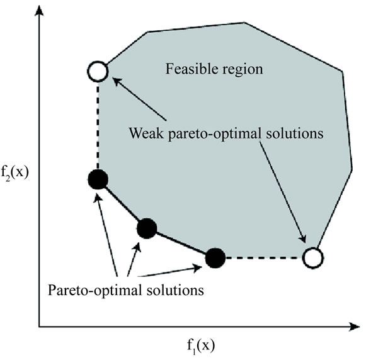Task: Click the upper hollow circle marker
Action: (98, 71)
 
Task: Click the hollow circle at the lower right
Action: (313, 258)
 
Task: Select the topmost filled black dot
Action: (98, 179)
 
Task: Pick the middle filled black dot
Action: (147, 228)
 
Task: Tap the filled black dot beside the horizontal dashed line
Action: (215, 258)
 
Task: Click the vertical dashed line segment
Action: (98, 126)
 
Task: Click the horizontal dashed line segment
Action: (264, 258)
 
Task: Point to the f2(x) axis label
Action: (14, 173)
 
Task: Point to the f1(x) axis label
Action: (201, 346)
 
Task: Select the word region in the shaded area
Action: (243, 70)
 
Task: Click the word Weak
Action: (146, 133)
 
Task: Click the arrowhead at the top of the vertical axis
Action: (39, 11)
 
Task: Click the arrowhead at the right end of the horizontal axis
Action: (354, 327)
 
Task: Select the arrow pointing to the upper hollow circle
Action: (139, 99)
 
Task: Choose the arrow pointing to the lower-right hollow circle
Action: (283, 192)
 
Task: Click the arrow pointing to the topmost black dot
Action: (106, 235)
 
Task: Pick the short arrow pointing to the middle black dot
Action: (134, 259)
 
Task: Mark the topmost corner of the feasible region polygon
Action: (244, 23)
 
